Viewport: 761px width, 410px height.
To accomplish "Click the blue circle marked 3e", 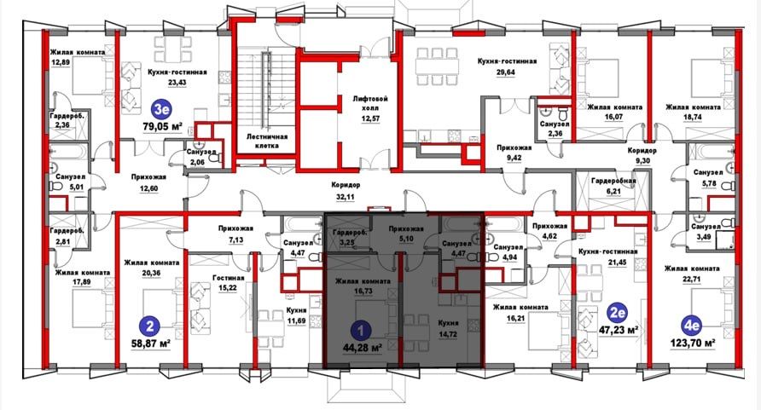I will [161, 108].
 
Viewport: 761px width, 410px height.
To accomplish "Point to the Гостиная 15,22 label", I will [229, 283].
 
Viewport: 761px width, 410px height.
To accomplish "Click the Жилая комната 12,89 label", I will [77, 57].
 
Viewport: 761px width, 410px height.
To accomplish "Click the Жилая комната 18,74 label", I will [699, 113].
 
